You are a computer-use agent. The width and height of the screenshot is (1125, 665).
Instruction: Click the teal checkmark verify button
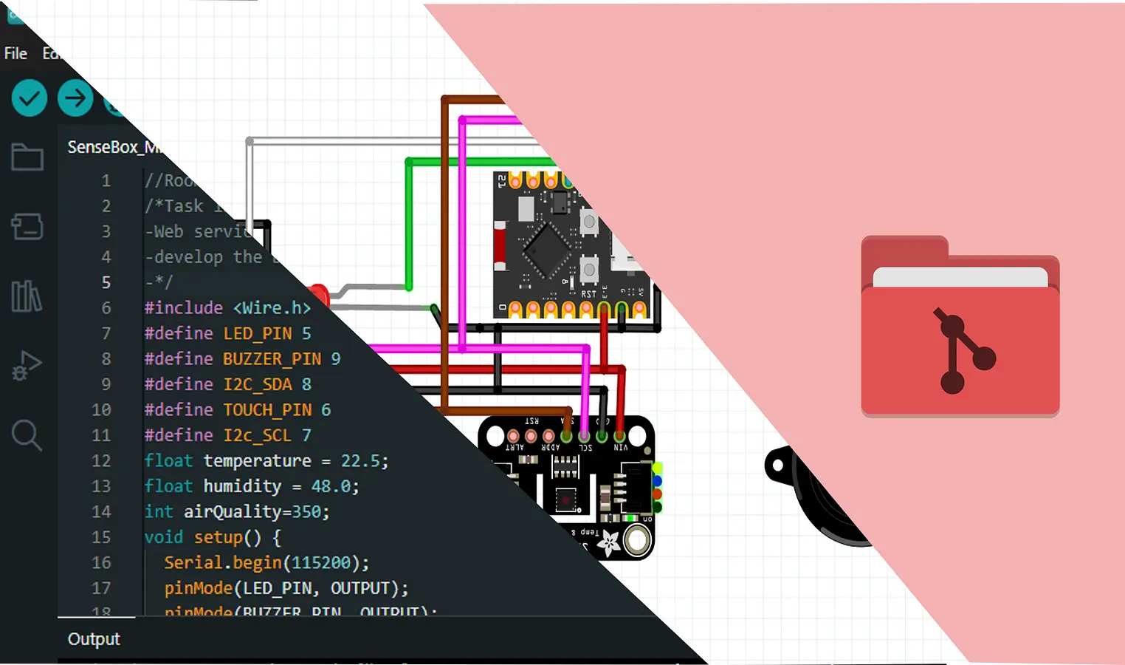(30, 98)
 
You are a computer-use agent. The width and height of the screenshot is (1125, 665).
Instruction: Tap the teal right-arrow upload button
(75, 98)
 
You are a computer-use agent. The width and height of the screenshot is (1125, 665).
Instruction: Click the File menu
(16, 53)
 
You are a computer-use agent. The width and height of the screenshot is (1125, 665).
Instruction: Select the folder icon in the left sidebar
(27, 157)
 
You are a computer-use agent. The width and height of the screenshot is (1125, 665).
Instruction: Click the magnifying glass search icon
(27, 435)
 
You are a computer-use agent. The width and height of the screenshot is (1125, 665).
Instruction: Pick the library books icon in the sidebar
(27, 296)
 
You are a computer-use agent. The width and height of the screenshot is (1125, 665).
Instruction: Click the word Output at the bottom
(94, 639)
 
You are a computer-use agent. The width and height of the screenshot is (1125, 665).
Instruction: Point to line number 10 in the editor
(101, 410)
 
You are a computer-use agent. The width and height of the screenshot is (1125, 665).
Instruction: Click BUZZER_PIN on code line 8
(272, 359)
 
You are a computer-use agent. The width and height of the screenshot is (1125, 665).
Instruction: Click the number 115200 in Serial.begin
(321, 563)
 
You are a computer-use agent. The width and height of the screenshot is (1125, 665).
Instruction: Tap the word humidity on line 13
(242, 486)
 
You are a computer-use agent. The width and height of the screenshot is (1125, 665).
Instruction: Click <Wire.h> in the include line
(272, 308)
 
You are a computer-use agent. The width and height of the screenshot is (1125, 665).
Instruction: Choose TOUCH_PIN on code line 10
(267, 410)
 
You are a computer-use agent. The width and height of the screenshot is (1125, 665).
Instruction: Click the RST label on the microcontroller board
(588, 294)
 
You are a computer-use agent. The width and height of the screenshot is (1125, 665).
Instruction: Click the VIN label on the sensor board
(621, 448)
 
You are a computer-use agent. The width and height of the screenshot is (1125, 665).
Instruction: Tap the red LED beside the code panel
(320, 293)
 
